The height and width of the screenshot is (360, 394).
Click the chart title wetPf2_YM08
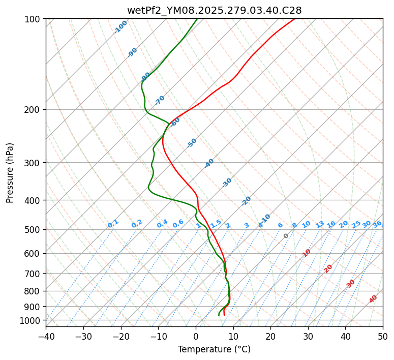(214, 10)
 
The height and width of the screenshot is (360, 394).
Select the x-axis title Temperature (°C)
(214, 349)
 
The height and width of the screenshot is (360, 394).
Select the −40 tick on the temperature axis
(46, 336)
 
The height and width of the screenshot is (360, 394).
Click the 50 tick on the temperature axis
(383, 336)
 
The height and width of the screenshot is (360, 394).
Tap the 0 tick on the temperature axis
(196, 336)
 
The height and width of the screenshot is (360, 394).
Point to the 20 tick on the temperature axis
(270, 336)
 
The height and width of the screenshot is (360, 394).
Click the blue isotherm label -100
(120, 27)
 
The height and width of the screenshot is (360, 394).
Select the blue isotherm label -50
(192, 143)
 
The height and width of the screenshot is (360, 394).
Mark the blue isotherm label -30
(227, 183)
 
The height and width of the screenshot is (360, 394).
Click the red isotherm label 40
(373, 299)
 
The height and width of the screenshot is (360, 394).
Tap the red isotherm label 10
(307, 253)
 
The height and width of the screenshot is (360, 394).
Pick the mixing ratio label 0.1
(113, 224)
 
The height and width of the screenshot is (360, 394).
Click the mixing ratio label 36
(377, 224)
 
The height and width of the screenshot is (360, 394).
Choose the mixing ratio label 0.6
(178, 224)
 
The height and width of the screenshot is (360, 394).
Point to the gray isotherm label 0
(286, 236)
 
